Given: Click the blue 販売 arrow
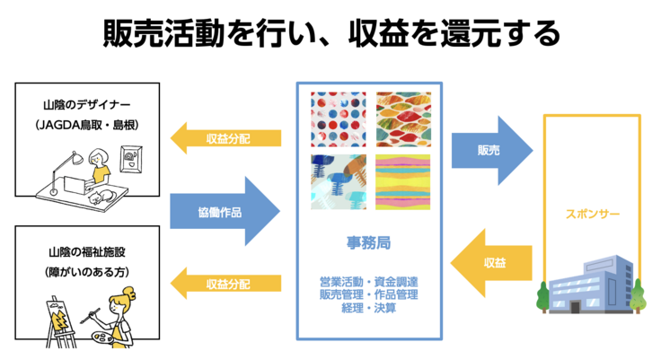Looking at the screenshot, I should coord(489,150).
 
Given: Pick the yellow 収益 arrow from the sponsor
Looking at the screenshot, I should coord(491,263).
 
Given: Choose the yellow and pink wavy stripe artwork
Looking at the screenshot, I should coord(403,181).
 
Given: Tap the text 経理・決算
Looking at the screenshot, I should coord(368,308).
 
